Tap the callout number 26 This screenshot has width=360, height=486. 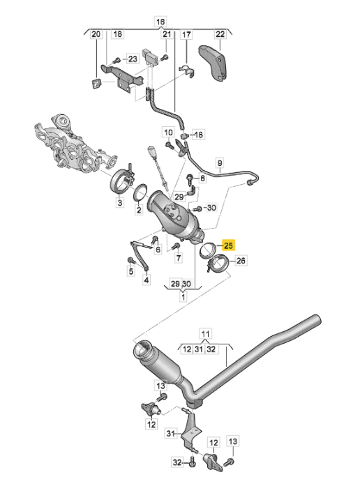241,261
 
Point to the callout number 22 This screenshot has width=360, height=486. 220,34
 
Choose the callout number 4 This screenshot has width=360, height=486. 147,280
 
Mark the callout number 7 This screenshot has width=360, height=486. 178,257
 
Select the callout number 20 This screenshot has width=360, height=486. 96,34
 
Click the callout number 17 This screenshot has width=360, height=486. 186,34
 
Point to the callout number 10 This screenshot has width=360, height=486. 168,132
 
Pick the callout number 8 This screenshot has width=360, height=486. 203,179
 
